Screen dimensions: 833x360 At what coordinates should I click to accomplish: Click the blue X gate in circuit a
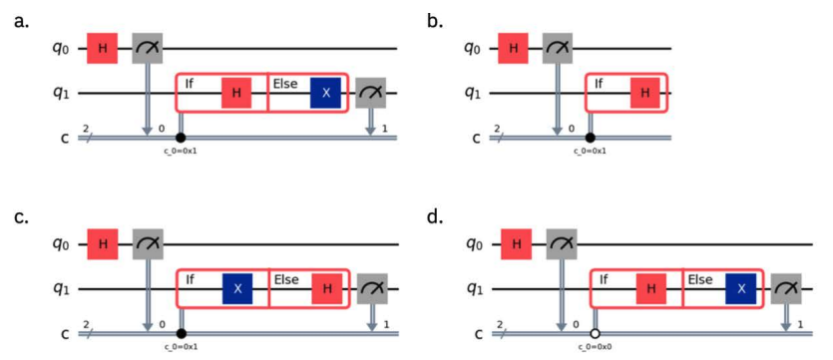coord(325,93)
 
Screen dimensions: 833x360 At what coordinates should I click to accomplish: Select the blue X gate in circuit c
coord(237,289)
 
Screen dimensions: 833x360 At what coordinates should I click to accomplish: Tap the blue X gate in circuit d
coord(740,289)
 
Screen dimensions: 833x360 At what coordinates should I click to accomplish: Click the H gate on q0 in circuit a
coord(102,48)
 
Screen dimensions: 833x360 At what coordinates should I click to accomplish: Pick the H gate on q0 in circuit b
coord(513,48)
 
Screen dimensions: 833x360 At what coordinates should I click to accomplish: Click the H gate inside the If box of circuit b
coord(644,93)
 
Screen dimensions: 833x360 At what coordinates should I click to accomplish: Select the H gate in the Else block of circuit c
coord(327,289)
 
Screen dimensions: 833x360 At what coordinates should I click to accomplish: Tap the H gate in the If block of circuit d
coord(650,289)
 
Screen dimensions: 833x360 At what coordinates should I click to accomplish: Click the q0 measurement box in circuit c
coord(148,244)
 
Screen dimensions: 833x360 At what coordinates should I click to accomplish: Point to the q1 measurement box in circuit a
coord(371,93)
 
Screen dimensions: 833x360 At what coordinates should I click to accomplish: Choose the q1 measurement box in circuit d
coord(786,289)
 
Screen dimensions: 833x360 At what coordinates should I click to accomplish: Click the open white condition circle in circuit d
coord(595,334)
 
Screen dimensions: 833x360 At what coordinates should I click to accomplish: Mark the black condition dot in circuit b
coord(590,138)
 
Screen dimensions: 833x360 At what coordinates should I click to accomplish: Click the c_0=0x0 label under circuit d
coord(596,347)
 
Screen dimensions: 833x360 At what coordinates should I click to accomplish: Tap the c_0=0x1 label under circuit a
coord(181,151)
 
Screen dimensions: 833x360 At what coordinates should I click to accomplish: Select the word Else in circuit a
coord(285,84)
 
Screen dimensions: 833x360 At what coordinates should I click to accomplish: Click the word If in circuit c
coord(190,279)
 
